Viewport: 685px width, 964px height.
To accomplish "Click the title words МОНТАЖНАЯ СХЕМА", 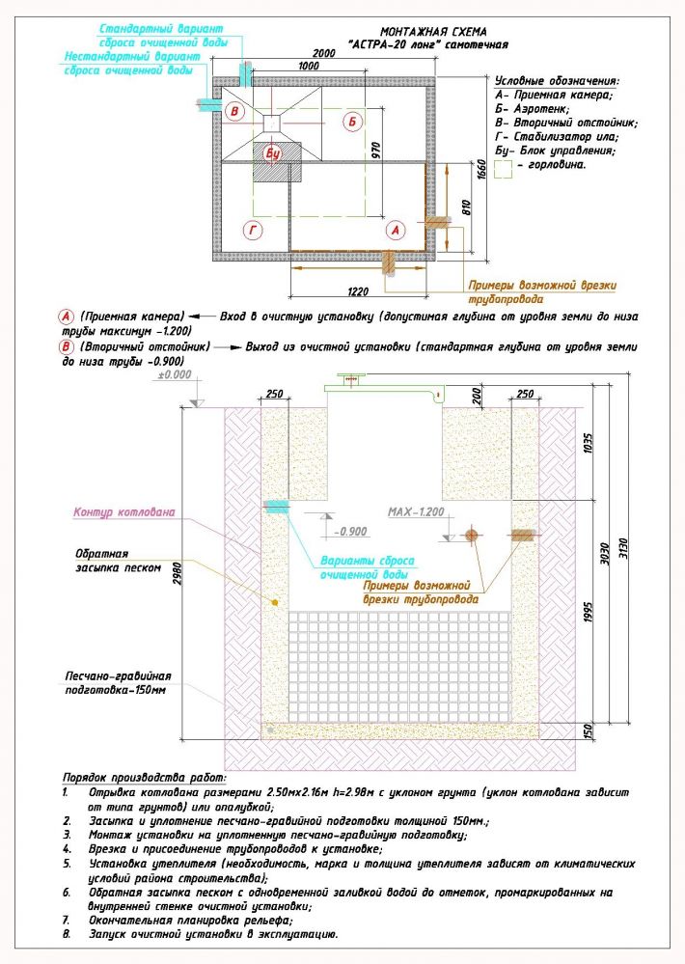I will [x=433, y=31].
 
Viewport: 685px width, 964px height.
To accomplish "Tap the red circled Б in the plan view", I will [x=353, y=121].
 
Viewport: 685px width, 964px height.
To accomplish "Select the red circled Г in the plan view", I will [x=253, y=230].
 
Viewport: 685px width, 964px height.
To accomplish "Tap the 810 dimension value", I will [x=466, y=208].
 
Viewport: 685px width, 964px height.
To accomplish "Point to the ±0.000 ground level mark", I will [x=176, y=374].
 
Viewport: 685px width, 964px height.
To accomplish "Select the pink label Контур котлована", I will [x=123, y=512].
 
